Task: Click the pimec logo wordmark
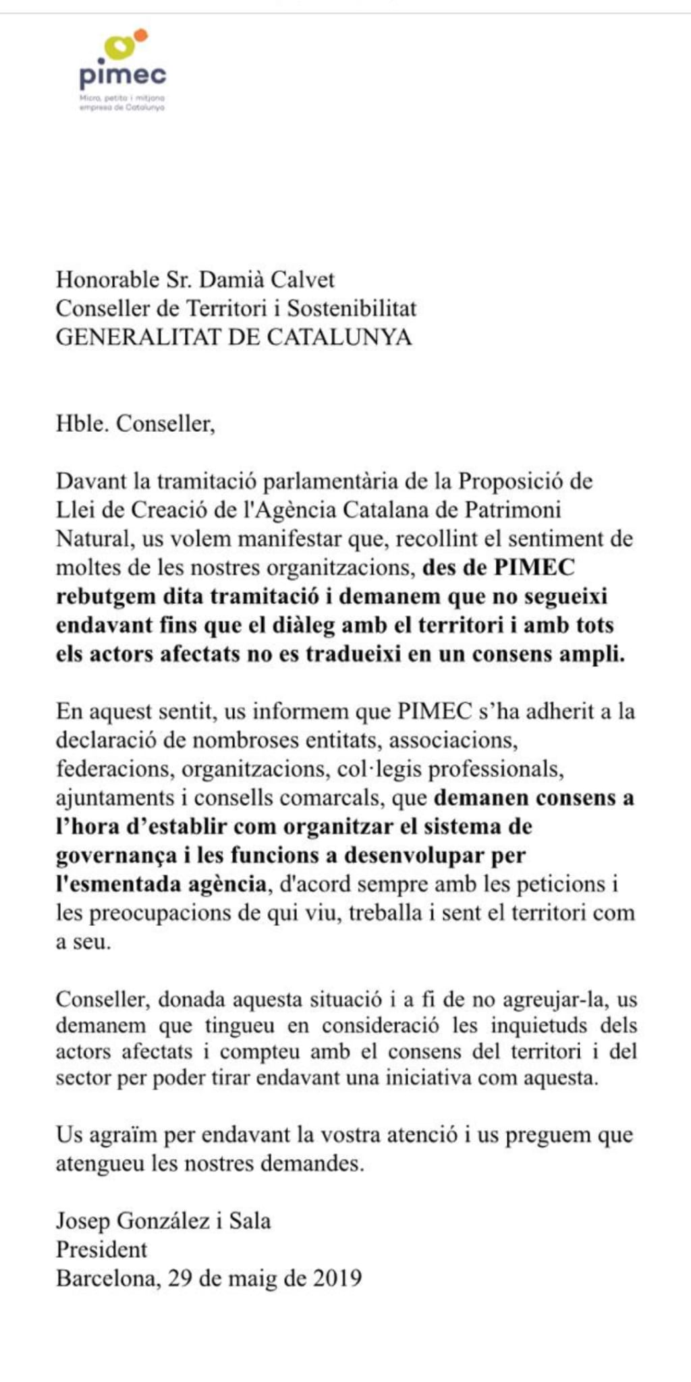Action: click(x=122, y=76)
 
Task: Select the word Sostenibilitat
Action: click(x=352, y=308)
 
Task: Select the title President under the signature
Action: click(x=101, y=1250)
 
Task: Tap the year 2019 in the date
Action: click(x=337, y=1278)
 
